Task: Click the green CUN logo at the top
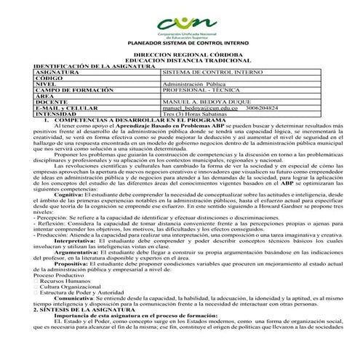[180, 22]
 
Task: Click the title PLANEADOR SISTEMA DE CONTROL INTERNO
[180, 43]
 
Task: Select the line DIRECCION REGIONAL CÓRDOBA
[180, 55]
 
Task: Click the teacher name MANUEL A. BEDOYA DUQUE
[207, 102]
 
